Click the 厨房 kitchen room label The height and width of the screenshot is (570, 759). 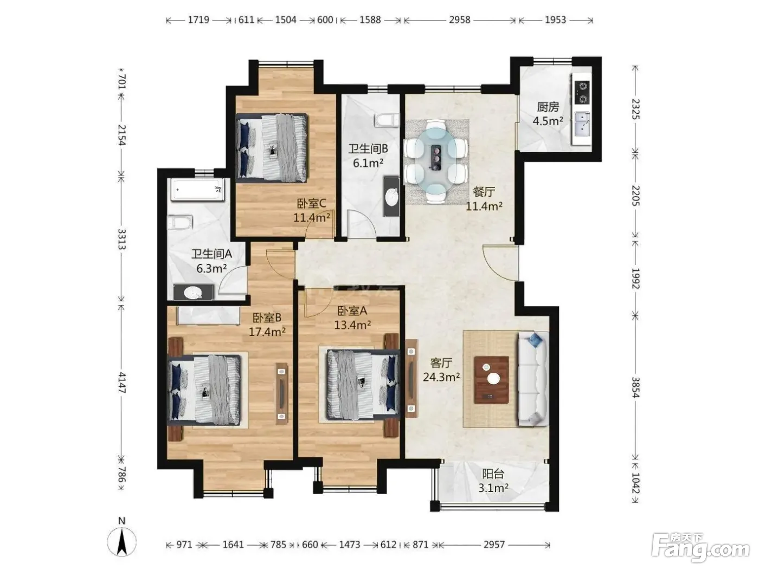(x=548, y=107)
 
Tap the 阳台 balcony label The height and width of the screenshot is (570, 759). (x=493, y=474)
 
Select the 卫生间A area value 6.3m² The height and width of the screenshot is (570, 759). (x=211, y=268)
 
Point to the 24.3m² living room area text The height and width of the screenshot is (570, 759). (x=441, y=377)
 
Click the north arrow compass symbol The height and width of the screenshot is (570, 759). (x=121, y=541)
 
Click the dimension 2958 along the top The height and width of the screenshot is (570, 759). (x=460, y=20)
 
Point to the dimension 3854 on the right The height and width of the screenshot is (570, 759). (x=636, y=387)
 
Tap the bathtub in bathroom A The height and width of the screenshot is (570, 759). (x=196, y=190)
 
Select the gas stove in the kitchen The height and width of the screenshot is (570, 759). (x=582, y=92)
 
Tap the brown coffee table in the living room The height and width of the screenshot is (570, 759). (x=491, y=380)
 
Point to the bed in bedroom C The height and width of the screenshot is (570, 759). (x=272, y=148)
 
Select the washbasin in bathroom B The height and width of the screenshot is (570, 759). (x=391, y=196)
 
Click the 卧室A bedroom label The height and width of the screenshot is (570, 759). (x=352, y=311)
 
